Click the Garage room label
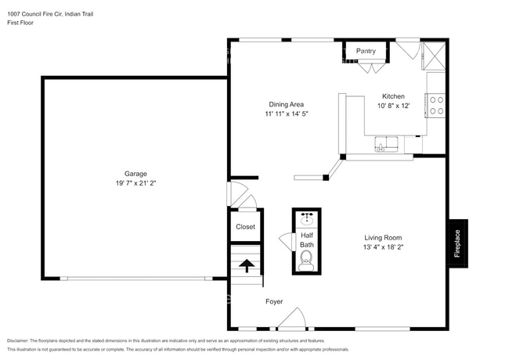coord(135,174)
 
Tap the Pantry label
coord(366,51)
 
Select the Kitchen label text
coord(393,95)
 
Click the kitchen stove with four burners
coord(435,105)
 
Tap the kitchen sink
coord(386,144)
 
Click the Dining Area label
coord(286,104)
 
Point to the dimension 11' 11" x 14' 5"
coord(286,113)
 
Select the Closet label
coord(246,227)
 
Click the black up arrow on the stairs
coord(247,266)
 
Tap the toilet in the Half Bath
coord(307,259)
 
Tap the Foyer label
coord(274,301)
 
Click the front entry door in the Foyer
coord(292,319)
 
